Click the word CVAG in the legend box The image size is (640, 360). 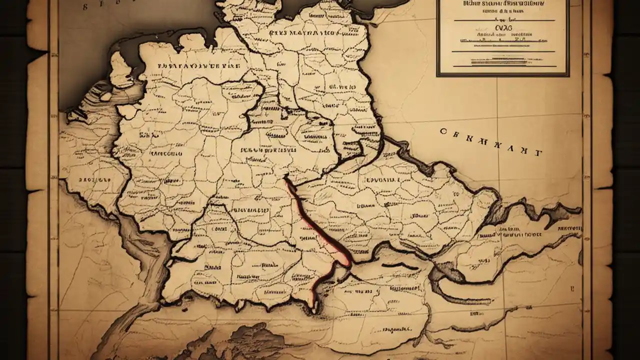[502, 28]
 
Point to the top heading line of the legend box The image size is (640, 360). [502, 6]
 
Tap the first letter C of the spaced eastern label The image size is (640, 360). [443, 131]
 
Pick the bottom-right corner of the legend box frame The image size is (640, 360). [568, 75]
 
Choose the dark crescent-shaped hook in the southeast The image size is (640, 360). [440, 280]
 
